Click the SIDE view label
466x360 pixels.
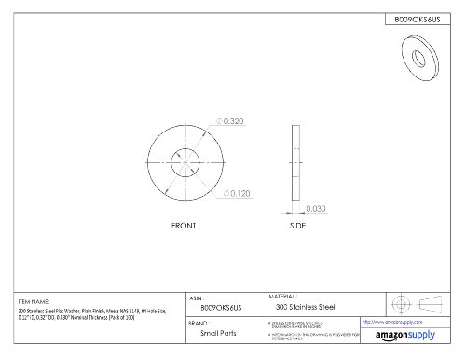298,228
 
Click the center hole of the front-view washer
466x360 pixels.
189,160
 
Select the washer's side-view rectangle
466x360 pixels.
298,160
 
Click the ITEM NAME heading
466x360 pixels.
34,300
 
